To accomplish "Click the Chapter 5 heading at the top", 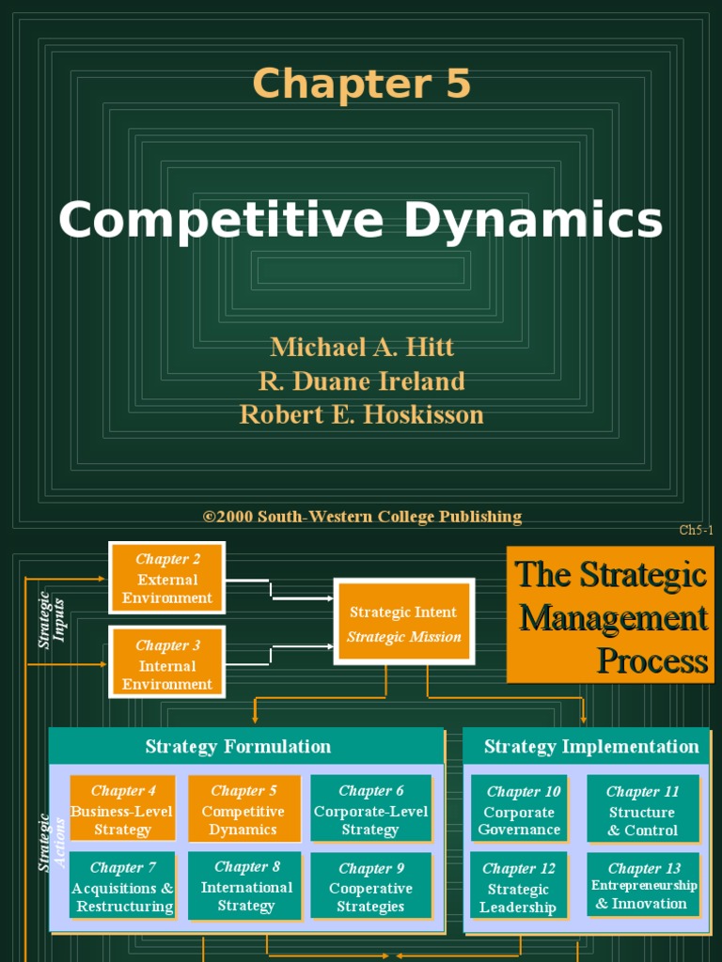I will tap(361, 84).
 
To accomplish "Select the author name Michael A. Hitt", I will tap(362, 348).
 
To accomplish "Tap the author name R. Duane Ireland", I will tap(362, 381).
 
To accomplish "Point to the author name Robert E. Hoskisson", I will tap(362, 414).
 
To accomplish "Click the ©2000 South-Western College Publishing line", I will tap(362, 517).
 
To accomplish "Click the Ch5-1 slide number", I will tap(696, 531).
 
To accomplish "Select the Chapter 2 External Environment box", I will tap(167, 578).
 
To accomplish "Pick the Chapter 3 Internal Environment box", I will tap(167, 664).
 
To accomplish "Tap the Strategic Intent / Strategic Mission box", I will tap(404, 623).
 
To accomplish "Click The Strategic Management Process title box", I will tap(610, 614).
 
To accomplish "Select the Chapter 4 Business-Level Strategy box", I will tap(123, 810).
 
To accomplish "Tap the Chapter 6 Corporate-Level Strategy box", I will tap(370, 810).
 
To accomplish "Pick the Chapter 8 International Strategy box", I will tap(246, 886).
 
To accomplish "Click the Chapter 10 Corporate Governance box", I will tap(520, 810).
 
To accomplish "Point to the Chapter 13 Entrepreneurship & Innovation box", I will tap(643, 886).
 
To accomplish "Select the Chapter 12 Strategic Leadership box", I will tap(518, 886).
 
